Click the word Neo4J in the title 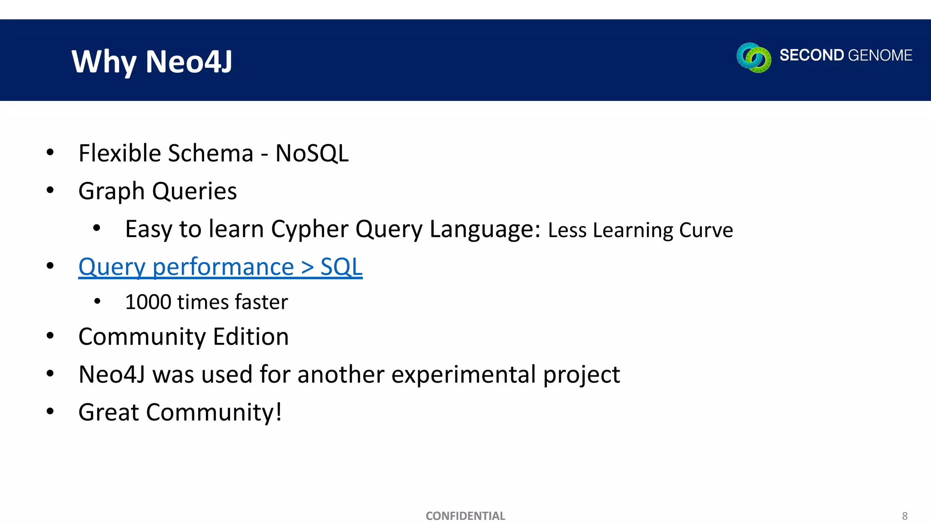(x=189, y=61)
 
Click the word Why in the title (x=104, y=61)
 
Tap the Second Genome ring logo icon (x=754, y=57)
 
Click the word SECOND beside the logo (x=811, y=55)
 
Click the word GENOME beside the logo (x=880, y=55)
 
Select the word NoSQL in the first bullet (x=312, y=153)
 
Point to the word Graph (x=111, y=191)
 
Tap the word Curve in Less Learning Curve (x=706, y=230)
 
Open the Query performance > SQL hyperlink (x=220, y=267)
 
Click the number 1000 (x=148, y=302)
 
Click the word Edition (x=250, y=337)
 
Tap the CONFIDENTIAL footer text (x=465, y=516)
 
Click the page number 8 (x=905, y=516)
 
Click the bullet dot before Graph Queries (x=50, y=190)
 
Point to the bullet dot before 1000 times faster (x=97, y=301)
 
